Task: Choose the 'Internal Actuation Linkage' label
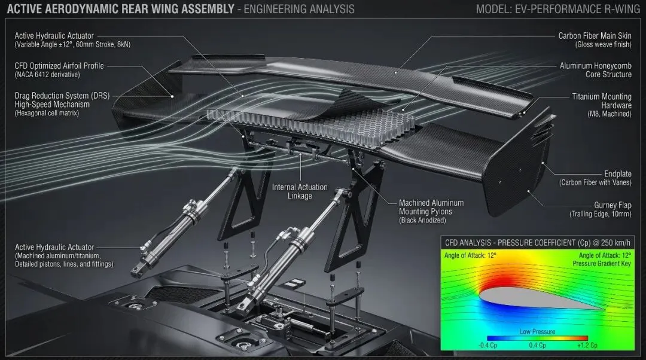click(300, 191)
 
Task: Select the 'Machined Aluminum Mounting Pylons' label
click(431, 207)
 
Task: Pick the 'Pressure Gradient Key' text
click(602, 263)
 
